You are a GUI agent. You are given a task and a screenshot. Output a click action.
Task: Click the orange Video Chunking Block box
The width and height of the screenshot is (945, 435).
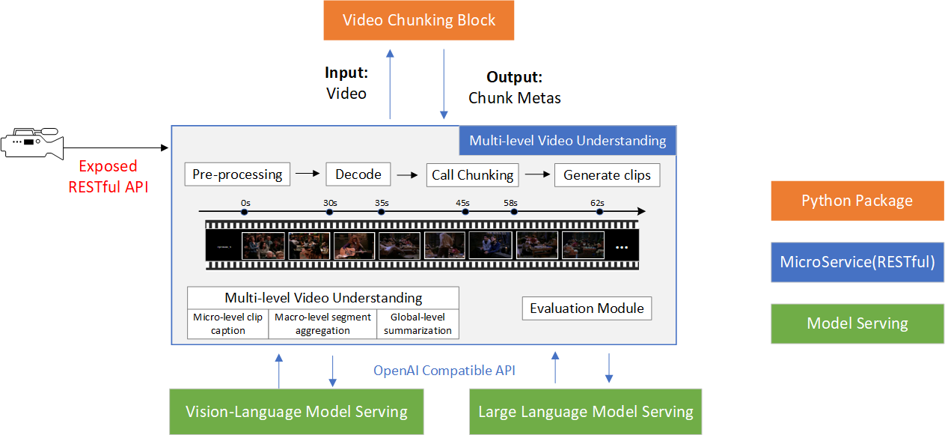419,20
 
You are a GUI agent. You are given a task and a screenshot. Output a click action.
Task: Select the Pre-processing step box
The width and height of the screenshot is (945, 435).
236,175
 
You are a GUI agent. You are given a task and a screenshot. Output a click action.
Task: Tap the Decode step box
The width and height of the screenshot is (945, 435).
358,175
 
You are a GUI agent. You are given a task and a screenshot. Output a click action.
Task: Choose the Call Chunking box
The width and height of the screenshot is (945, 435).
472,175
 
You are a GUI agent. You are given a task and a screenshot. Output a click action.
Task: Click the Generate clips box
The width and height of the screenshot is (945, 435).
607,175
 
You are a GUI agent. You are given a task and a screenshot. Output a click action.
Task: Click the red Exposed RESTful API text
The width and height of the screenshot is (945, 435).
108,177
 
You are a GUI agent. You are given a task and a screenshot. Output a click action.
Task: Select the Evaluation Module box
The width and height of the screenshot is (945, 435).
587,308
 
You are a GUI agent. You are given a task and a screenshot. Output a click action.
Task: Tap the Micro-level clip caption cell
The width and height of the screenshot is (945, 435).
227,323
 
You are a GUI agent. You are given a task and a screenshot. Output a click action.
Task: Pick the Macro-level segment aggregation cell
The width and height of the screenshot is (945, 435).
322,323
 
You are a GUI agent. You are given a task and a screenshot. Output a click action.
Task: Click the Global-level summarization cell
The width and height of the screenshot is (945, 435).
418,323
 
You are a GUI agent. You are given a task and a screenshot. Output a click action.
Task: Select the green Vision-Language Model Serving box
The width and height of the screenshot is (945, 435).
296,412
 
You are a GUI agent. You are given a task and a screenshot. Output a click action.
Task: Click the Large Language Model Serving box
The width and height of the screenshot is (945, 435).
585,412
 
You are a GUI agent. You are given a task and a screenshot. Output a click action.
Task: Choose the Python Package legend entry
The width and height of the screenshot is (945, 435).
857,201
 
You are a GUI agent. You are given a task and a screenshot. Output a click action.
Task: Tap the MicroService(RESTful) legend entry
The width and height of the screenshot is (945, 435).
857,262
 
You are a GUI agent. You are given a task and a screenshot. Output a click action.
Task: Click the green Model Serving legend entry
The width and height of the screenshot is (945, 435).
857,323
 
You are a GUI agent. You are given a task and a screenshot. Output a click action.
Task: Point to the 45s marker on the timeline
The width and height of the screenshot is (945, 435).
465,212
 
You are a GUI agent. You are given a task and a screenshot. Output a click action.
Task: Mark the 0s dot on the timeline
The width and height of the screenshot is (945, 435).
244,212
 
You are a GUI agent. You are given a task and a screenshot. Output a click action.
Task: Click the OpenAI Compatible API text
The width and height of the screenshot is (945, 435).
444,370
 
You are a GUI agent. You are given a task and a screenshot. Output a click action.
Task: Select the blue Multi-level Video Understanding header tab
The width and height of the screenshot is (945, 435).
567,141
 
